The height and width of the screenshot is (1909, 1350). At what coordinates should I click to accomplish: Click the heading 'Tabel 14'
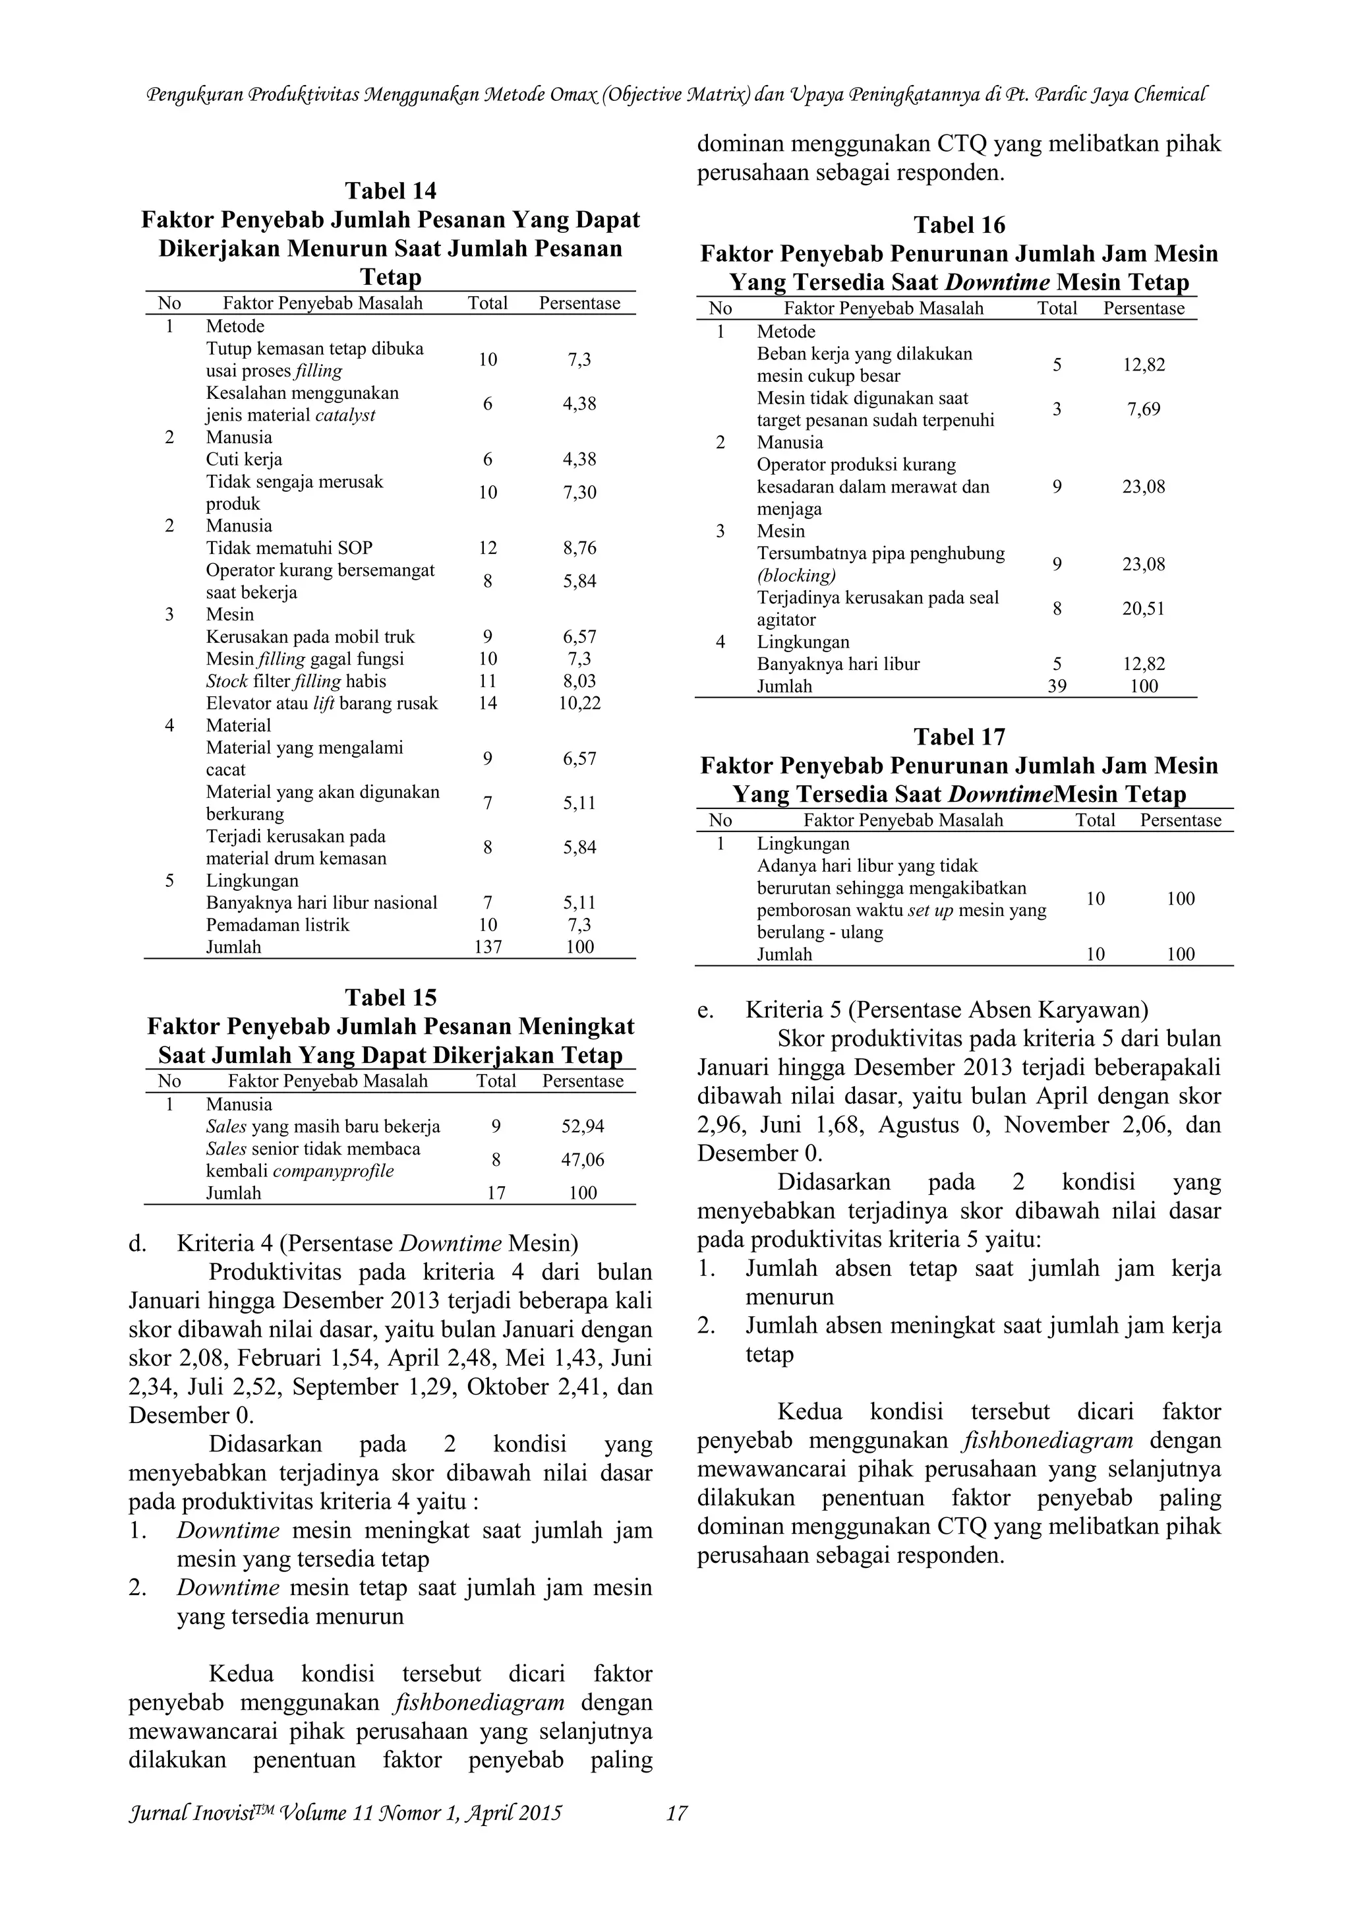[x=390, y=191]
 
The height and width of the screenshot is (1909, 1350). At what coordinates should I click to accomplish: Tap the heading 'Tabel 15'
[x=390, y=998]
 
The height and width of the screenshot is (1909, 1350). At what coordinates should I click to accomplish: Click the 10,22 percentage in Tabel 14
[x=579, y=704]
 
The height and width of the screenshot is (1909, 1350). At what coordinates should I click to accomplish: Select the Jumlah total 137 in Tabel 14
[x=487, y=947]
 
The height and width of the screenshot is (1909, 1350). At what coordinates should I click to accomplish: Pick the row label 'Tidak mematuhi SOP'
[x=289, y=548]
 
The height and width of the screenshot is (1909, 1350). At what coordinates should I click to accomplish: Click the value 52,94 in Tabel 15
[x=583, y=1127]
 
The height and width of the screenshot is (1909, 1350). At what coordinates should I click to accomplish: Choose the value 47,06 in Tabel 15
[x=583, y=1160]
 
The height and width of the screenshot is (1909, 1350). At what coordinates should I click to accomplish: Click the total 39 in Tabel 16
[x=1057, y=686]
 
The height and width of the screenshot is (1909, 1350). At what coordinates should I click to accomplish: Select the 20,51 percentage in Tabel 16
[x=1143, y=609]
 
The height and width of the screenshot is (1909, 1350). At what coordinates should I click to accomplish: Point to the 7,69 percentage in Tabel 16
[x=1143, y=409]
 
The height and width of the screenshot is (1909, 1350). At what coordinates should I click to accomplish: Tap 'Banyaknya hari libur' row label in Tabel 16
[x=838, y=664]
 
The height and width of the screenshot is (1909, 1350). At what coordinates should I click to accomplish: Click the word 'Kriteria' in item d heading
[x=216, y=1243]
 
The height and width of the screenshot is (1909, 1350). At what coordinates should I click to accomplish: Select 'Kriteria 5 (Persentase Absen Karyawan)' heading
[x=947, y=1010]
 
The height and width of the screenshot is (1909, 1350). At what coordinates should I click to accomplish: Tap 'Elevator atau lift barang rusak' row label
[x=322, y=704]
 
